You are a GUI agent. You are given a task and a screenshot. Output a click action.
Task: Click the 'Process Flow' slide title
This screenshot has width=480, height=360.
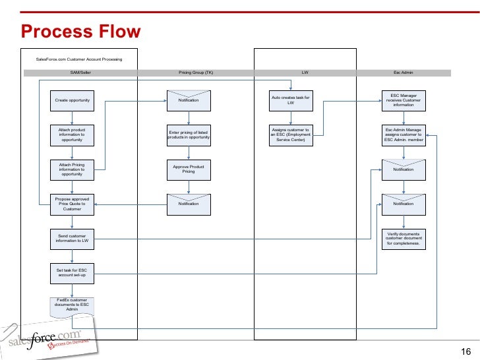(80, 31)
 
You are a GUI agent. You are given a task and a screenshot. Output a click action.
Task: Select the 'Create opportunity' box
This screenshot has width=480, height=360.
(72, 100)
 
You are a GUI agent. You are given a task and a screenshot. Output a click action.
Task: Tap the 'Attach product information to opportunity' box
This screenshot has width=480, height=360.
(72, 135)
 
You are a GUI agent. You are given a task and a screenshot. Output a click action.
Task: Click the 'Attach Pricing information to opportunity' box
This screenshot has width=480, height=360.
(72, 169)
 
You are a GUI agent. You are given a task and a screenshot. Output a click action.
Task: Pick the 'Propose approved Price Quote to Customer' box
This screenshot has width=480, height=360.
(72, 204)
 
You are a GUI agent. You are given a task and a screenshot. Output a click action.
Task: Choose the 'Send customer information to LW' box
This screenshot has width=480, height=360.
(72, 238)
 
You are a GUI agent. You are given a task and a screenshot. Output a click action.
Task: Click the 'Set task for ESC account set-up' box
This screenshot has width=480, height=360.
(72, 272)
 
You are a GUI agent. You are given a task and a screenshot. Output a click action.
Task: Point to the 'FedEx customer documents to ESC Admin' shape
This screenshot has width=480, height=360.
(73, 305)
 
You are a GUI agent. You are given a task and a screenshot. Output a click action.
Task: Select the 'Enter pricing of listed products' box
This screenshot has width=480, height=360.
(189, 135)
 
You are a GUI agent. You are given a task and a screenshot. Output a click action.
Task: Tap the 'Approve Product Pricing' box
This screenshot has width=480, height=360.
(189, 169)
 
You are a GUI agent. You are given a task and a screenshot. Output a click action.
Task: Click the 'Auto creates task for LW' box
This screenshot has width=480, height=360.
(291, 100)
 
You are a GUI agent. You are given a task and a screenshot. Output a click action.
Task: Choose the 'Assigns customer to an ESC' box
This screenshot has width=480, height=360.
(291, 135)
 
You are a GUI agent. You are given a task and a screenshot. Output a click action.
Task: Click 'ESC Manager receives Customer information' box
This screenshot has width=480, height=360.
(404, 100)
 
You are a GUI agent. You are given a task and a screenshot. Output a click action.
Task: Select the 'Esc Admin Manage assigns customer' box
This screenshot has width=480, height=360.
(404, 135)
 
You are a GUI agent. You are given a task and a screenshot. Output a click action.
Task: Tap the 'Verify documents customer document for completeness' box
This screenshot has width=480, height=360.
(404, 238)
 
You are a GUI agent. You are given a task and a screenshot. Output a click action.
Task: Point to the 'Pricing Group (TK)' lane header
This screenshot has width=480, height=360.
(195, 73)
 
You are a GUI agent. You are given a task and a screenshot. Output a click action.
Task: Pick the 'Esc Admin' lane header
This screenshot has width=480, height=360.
(403, 73)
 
